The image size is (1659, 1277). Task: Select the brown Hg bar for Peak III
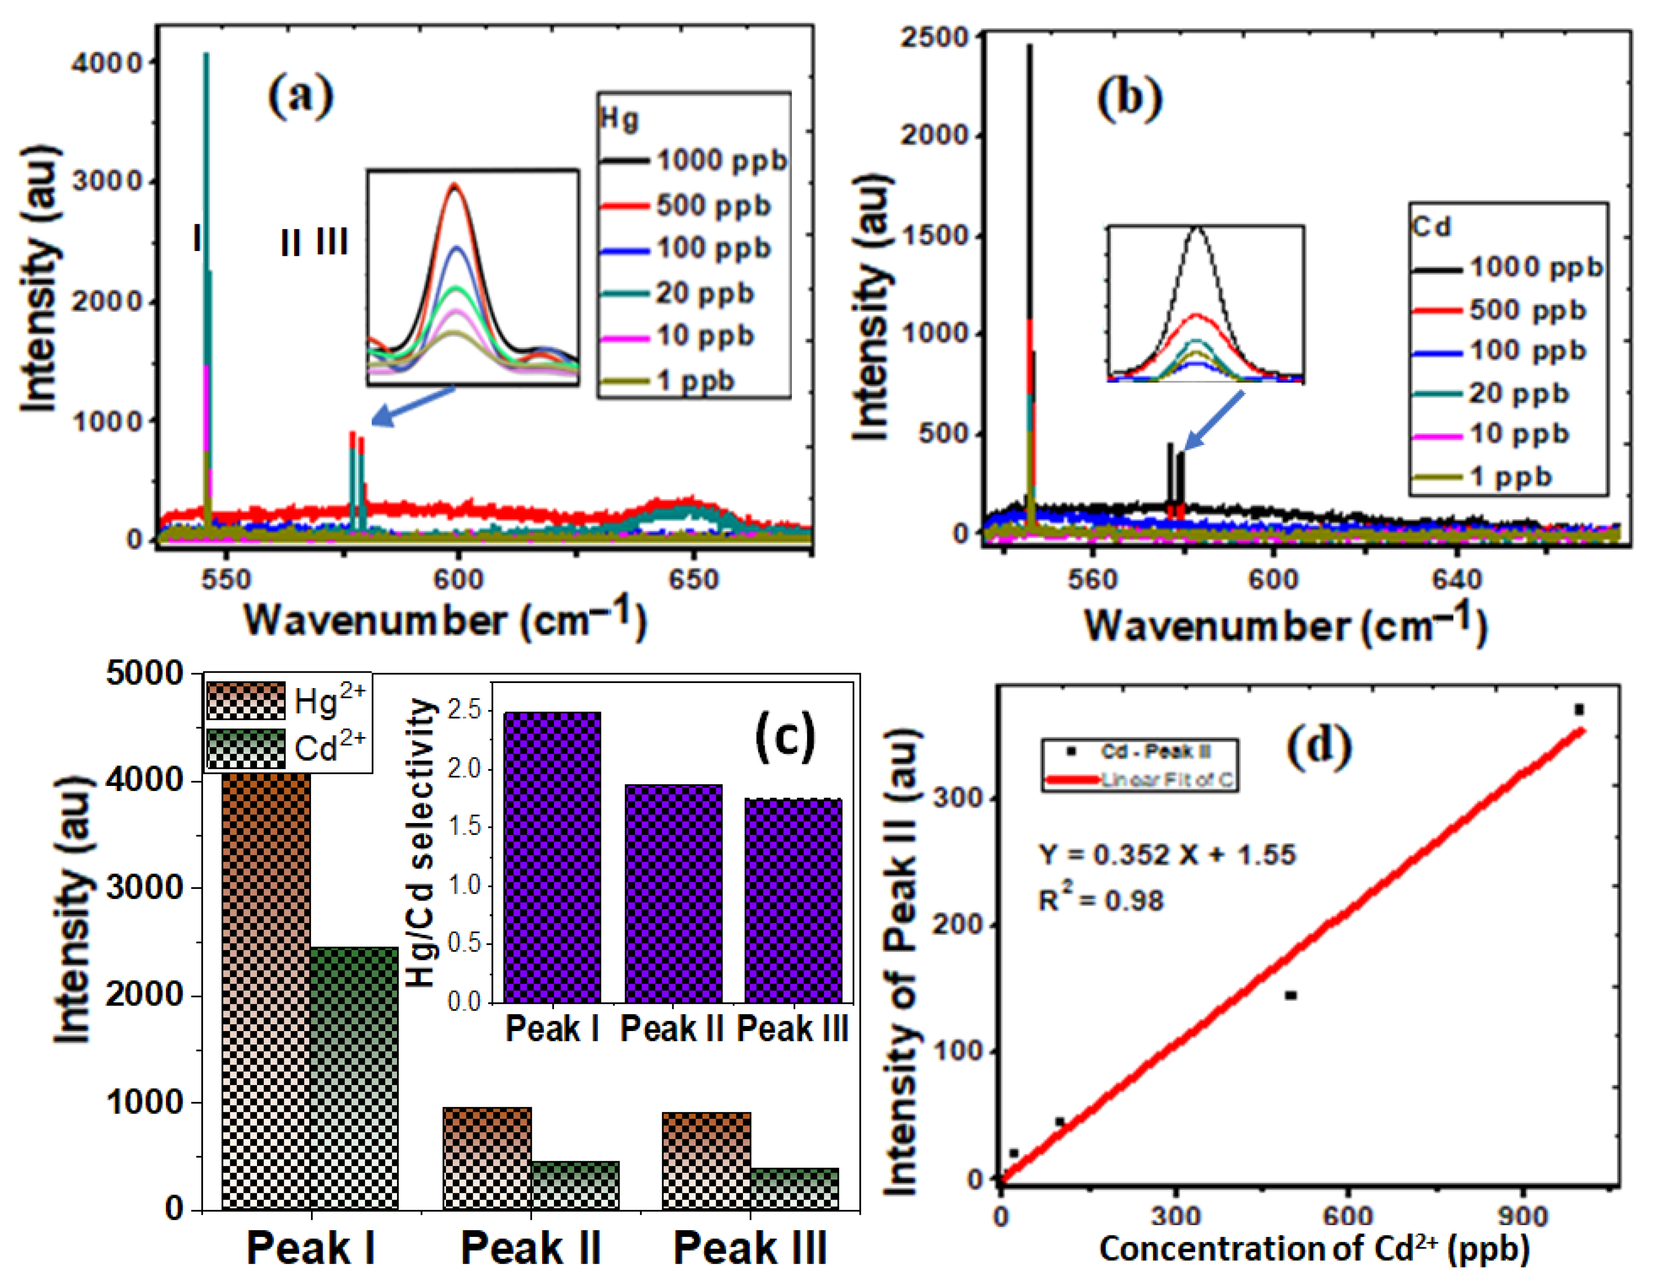click(706, 1160)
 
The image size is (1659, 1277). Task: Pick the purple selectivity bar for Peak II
click(673, 893)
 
